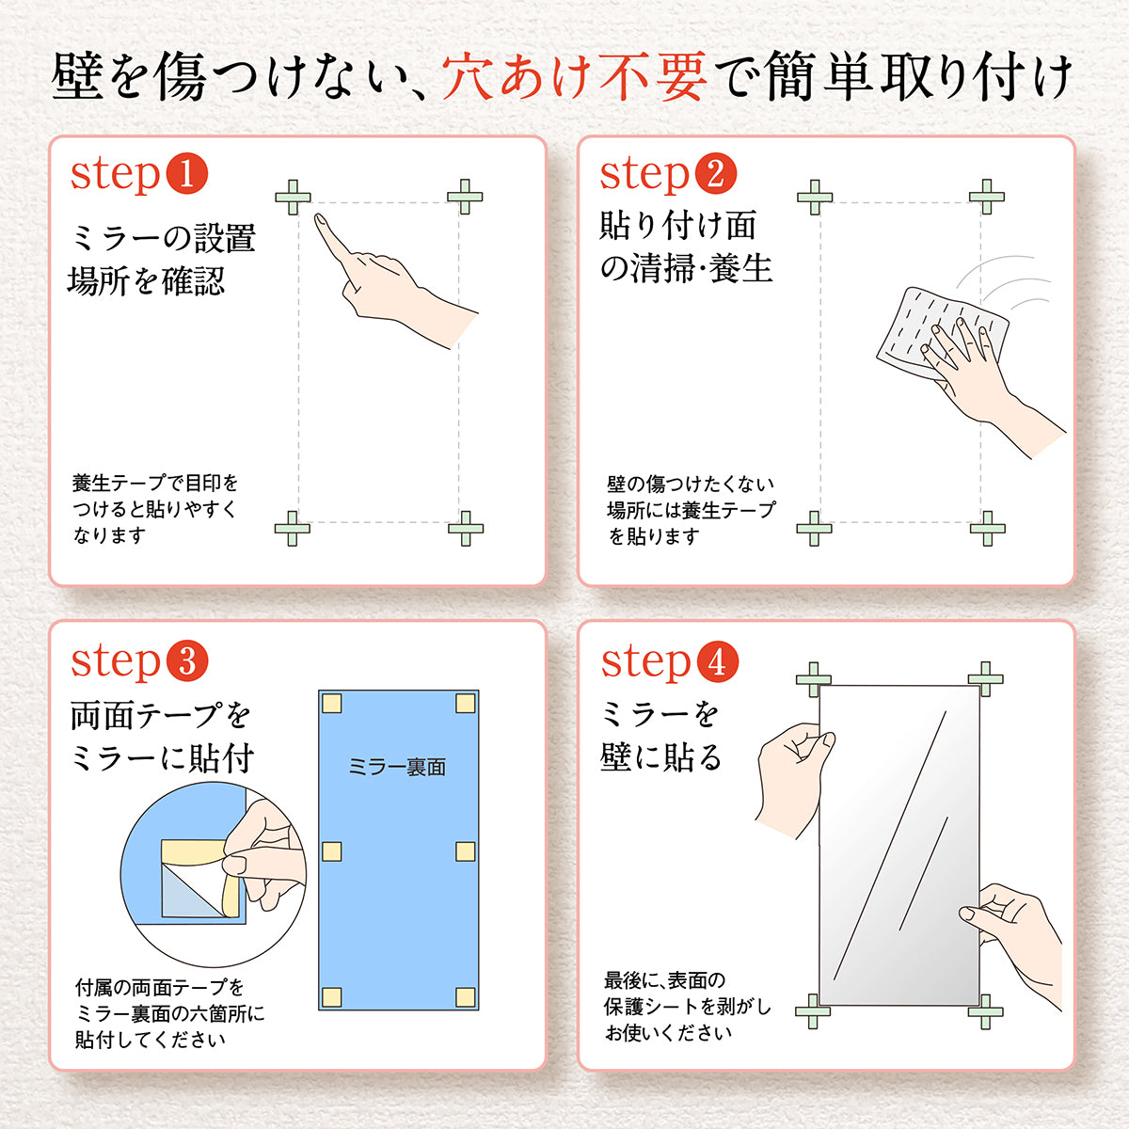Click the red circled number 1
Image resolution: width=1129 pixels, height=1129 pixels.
tap(186, 174)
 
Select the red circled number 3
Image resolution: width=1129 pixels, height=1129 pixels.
tap(186, 661)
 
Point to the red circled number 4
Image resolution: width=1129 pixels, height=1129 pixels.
tap(717, 661)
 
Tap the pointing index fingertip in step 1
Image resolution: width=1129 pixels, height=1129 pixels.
tap(319, 219)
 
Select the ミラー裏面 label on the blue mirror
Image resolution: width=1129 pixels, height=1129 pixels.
tap(396, 768)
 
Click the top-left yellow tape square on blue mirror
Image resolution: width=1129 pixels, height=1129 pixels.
tap(331, 703)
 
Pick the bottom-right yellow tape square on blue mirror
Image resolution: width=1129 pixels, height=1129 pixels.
tap(465, 997)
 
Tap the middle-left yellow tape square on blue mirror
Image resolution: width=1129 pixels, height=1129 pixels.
tap(331, 851)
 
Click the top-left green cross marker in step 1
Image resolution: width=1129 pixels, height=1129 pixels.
tap(293, 198)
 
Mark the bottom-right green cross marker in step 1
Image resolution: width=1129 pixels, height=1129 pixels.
tap(465, 529)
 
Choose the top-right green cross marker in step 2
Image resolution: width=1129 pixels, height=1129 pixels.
tap(986, 197)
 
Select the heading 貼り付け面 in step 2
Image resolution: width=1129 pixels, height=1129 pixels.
tap(677, 226)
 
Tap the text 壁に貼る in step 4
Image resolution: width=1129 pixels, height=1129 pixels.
tap(660, 756)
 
